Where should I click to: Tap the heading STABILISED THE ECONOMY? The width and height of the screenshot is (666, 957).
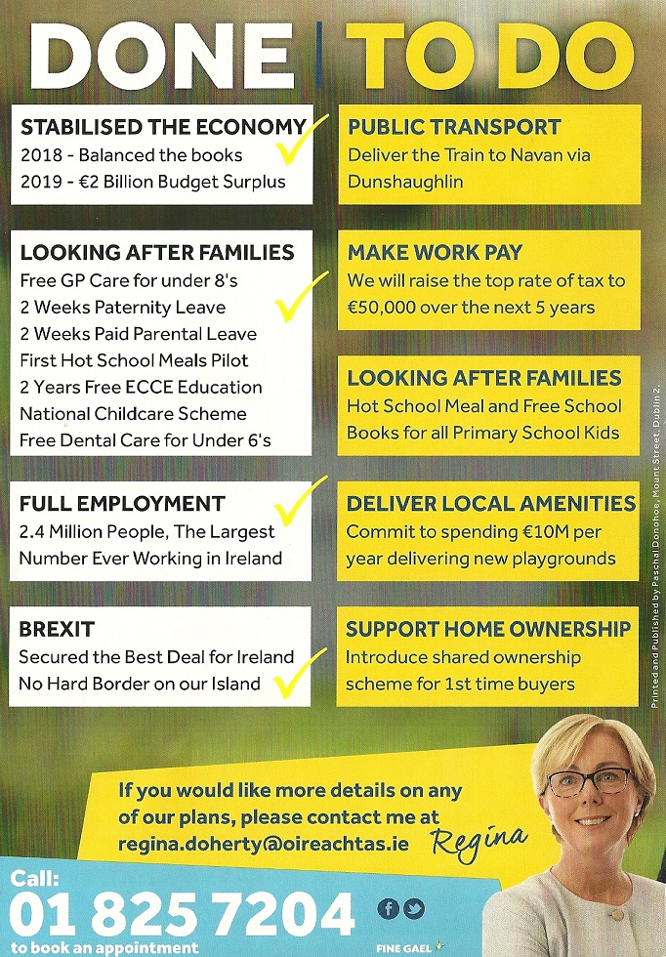click(x=162, y=127)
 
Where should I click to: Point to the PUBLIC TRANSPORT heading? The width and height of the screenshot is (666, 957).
click(x=454, y=127)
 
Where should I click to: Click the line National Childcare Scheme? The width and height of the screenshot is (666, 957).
click(x=132, y=413)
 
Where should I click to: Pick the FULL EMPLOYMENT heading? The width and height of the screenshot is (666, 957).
click(x=122, y=505)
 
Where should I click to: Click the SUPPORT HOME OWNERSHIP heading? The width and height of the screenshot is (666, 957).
click(x=488, y=629)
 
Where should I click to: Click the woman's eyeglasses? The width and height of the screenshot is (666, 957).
click(x=591, y=781)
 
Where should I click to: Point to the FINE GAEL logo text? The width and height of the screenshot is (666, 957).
click(x=402, y=948)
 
